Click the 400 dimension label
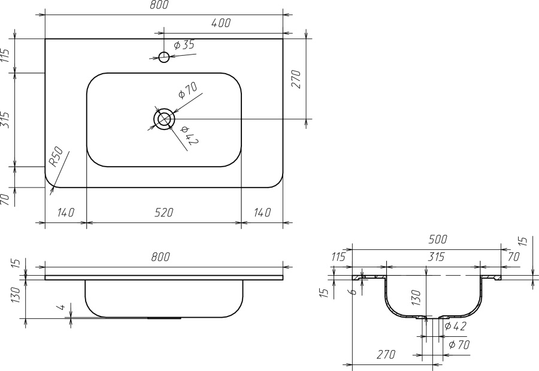(x=220, y=23)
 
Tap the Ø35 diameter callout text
(x=184, y=45)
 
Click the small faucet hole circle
(x=164, y=57)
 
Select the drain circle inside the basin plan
(x=164, y=119)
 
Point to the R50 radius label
(x=56, y=156)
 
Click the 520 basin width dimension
(x=163, y=213)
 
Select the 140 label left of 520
(x=65, y=213)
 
